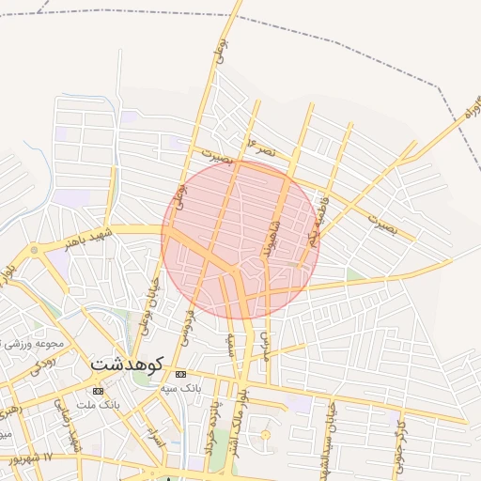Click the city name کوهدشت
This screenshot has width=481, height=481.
click(x=128, y=363)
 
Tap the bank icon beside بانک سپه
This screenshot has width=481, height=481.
click(x=181, y=374)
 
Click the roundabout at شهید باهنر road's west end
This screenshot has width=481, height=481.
click(x=35, y=250)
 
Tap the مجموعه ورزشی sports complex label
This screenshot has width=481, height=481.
click(x=28, y=343)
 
